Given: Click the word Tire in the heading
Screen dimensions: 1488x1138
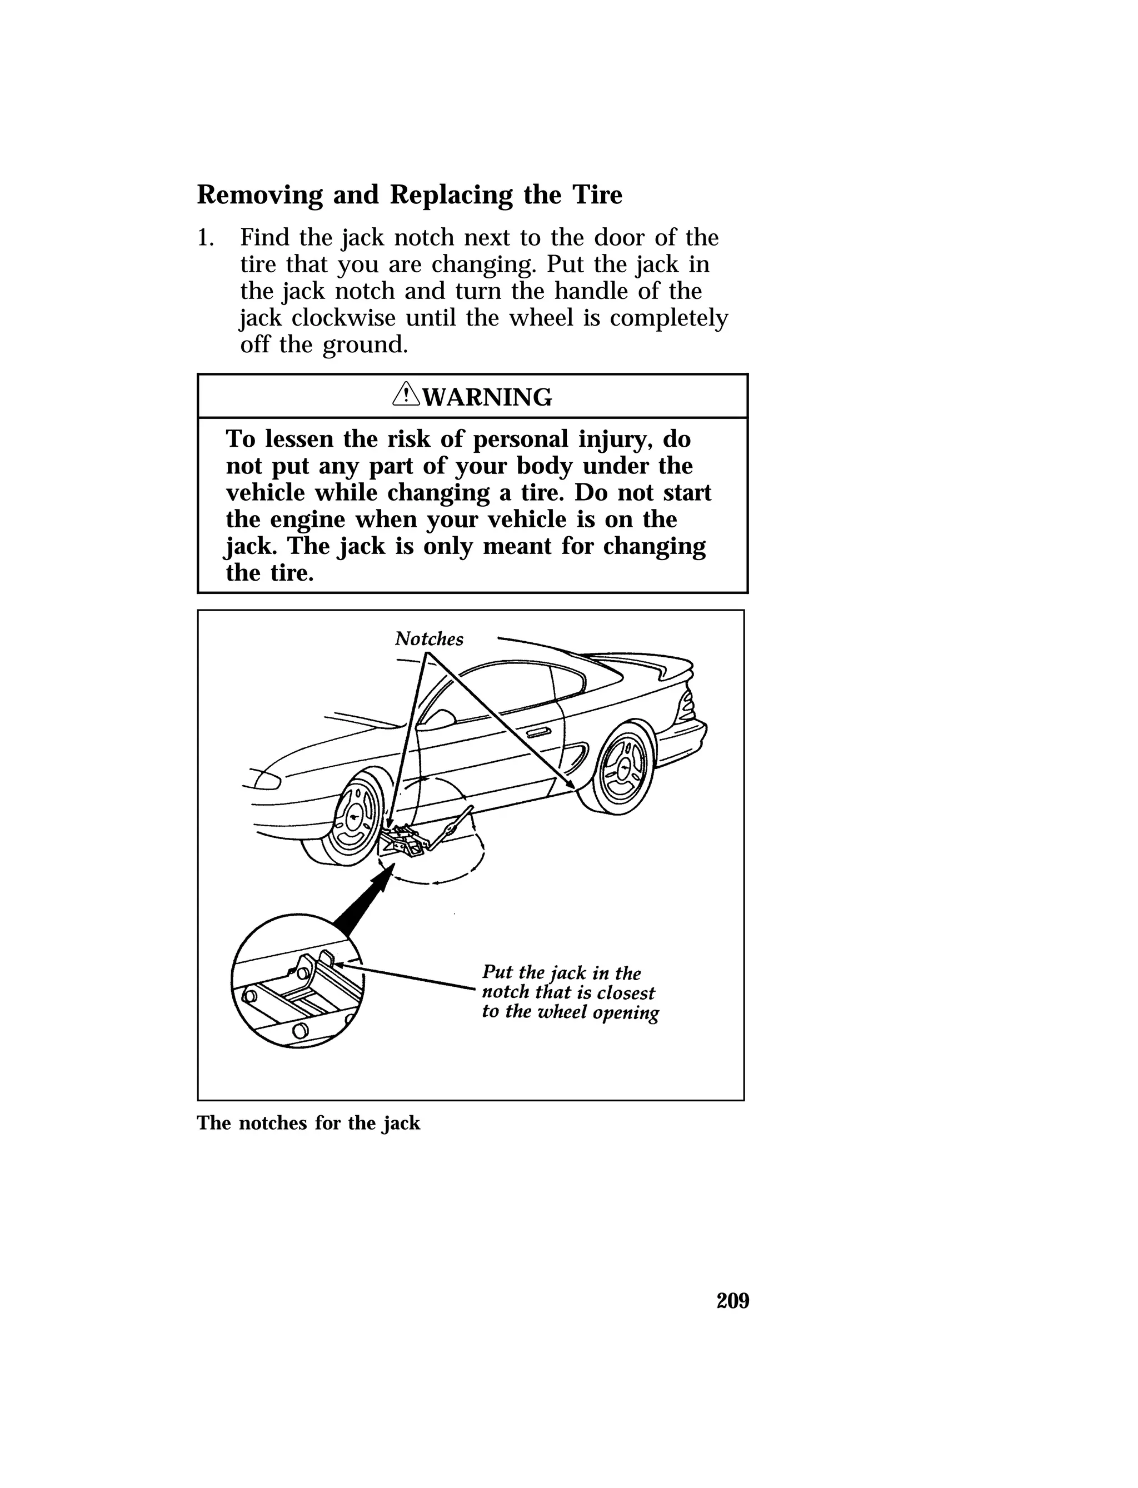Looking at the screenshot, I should pyautogui.click(x=597, y=195).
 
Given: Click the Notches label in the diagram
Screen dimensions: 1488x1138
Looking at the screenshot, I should pyautogui.click(x=429, y=638).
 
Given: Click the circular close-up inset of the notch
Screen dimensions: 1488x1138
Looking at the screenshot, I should pyautogui.click(x=298, y=981).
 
